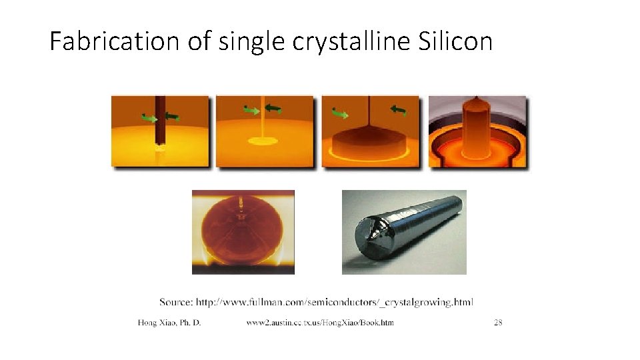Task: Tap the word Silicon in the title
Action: click(456, 42)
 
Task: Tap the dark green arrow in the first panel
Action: click(172, 117)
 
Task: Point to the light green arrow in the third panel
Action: click(340, 114)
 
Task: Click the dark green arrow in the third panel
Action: click(399, 110)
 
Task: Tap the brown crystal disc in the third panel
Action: click(371, 143)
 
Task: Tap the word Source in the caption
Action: click(175, 302)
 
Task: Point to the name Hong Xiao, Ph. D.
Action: click(169, 323)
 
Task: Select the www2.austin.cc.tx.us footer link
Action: click(320, 323)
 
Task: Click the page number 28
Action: click(498, 323)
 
